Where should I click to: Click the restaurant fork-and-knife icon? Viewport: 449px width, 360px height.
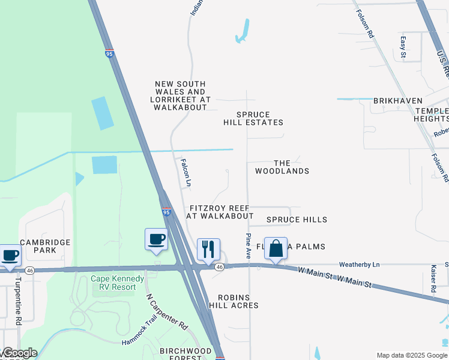[x=208, y=250]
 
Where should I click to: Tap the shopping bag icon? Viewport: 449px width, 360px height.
[x=276, y=248]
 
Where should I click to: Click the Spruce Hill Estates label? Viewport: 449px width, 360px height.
[x=253, y=118]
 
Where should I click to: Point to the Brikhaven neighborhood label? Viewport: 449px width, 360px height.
[x=397, y=101]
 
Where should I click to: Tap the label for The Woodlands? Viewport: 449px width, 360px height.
[x=282, y=167]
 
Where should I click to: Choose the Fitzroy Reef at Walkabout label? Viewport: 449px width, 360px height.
[x=219, y=212]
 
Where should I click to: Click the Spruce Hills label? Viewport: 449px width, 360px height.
[x=297, y=220]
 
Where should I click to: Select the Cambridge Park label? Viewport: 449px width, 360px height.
[x=46, y=246]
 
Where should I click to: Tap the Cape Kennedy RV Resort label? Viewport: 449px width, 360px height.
[x=117, y=283]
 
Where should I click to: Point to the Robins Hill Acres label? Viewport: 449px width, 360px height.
[x=234, y=301]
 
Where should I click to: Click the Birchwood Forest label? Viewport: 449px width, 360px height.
[x=185, y=354]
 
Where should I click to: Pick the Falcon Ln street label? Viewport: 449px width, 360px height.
[x=185, y=172]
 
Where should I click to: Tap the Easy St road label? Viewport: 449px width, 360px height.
[x=403, y=47]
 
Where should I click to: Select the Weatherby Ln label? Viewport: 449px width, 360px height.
[x=360, y=265]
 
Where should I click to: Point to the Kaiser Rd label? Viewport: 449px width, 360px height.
[x=433, y=279]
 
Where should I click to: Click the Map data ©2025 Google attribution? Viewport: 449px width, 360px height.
[x=412, y=355]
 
